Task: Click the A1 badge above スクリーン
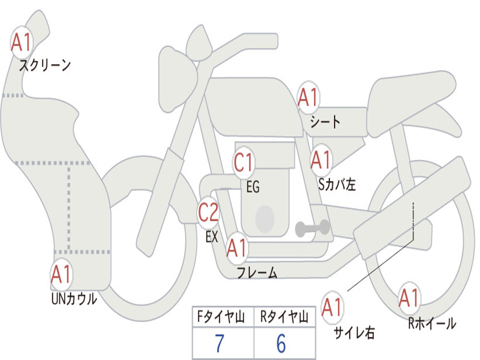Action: pyautogui.click(x=22, y=43)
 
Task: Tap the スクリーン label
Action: pyautogui.click(x=45, y=65)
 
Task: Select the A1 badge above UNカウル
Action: pyautogui.click(x=61, y=274)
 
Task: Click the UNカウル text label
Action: pyautogui.click(x=74, y=299)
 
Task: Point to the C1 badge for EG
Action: pyautogui.click(x=244, y=162)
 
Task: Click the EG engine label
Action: pyautogui.click(x=253, y=187)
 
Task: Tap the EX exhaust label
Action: pyautogui.click(x=212, y=237)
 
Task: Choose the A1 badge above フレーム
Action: pyautogui.click(x=237, y=247)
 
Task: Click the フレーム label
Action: pyautogui.click(x=257, y=272)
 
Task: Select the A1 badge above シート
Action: pyautogui.click(x=308, y=97)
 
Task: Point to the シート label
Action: pyautogui.click(x=325, y=121)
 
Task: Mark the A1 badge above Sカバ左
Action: pyautogui.click(x=321, y=160)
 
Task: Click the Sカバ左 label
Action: pyautogui.click(x=337, y=184)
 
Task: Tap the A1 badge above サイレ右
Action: pyautogui.click(x=332, y=307)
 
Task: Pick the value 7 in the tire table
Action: pyautogui.click(x=219, y=343)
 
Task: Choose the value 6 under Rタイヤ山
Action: pyautogui.click(x=281, y=343)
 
